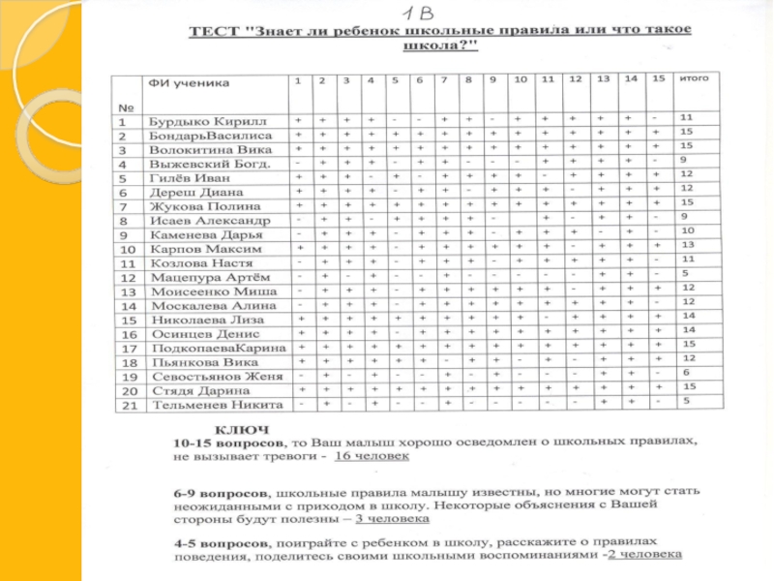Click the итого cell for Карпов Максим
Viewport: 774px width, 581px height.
click(x=687, y=246)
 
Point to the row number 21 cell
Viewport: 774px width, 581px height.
click(x=124, y=405)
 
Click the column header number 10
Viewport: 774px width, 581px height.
click(x=520, y=77)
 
